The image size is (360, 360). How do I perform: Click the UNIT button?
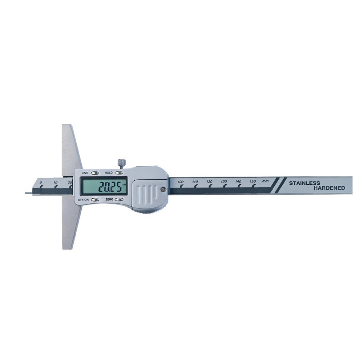[x=95, y=173]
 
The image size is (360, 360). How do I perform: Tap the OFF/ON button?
[x=95, y=200]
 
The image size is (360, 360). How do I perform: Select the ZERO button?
[x=119, y=199]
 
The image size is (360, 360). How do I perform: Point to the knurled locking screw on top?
[x=122, y=163]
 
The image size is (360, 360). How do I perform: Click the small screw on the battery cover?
[x=163, y=189]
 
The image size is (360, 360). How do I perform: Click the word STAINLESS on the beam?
[x=305, y=183]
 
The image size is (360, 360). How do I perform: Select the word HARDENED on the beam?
[x=329, y=188]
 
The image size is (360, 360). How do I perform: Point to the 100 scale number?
[x=181, y=182]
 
